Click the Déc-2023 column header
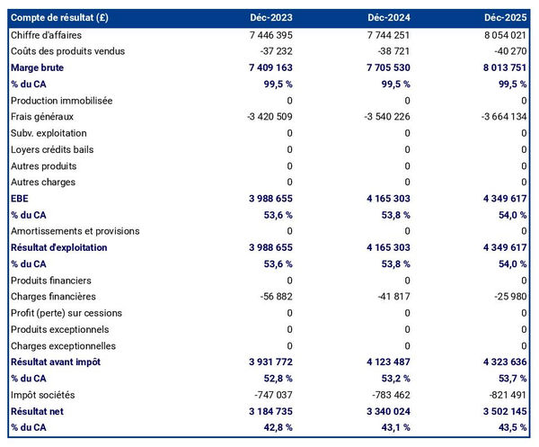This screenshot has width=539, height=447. pyautogui.click(x=271, y=18)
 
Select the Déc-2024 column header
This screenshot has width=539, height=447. pyautogui.click(x=389, y=18)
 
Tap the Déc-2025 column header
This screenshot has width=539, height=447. pyautogui.click(x=506, y=18)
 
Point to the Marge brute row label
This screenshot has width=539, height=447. pyautogui.click(x=37, y=67)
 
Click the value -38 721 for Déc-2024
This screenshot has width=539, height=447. pyautogui.click(x=389, y=51)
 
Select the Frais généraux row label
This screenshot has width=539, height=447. pyautogui.click(x=41, y=117)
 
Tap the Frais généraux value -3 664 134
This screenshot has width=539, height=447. pyautogui.click(x=498, y=117)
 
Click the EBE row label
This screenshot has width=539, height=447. pyautogui.click(x=19, y=198)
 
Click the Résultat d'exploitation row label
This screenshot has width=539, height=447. pyautogui.click(x=58, y=247)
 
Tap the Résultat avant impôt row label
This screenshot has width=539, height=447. pyautogui.click(x=55, y=362)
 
